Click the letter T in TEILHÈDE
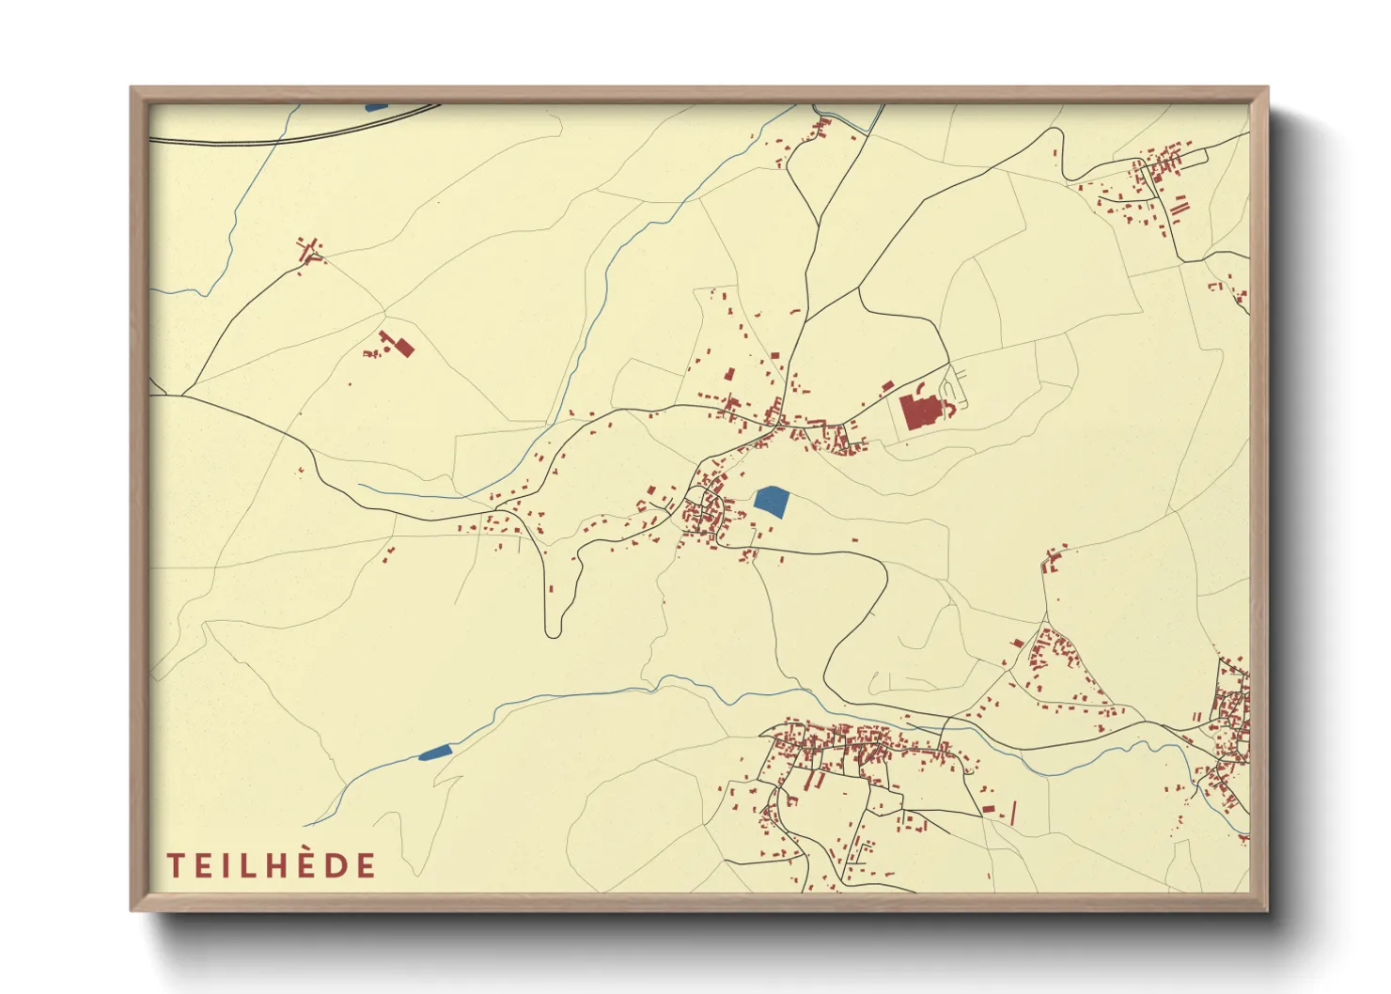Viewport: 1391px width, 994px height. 175,865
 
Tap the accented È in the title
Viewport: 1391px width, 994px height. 308,864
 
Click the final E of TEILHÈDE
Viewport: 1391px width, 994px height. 367,865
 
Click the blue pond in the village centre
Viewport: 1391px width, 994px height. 771,501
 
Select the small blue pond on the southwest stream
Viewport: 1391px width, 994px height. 435,752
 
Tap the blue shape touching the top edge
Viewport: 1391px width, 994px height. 376,107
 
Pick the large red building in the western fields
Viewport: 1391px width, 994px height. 403,348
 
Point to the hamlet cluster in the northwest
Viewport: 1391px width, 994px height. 308,250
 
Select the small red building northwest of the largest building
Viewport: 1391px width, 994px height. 887,385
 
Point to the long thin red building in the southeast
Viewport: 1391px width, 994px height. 1013,812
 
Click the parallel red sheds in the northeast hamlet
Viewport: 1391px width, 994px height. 1180,205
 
